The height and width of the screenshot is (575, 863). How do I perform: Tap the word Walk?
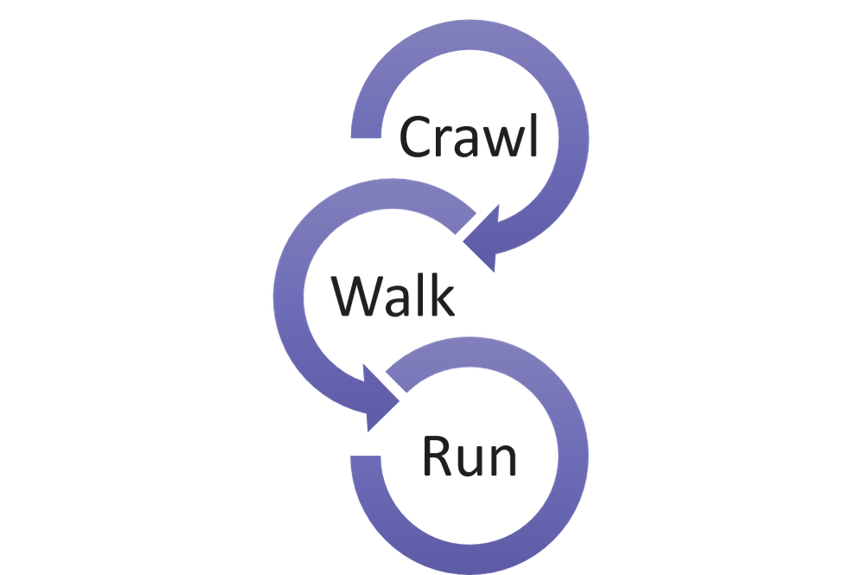point(393,297)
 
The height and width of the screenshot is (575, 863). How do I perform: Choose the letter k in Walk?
point(442,297)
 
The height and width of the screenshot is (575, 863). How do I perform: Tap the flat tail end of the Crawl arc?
point(366,129)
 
